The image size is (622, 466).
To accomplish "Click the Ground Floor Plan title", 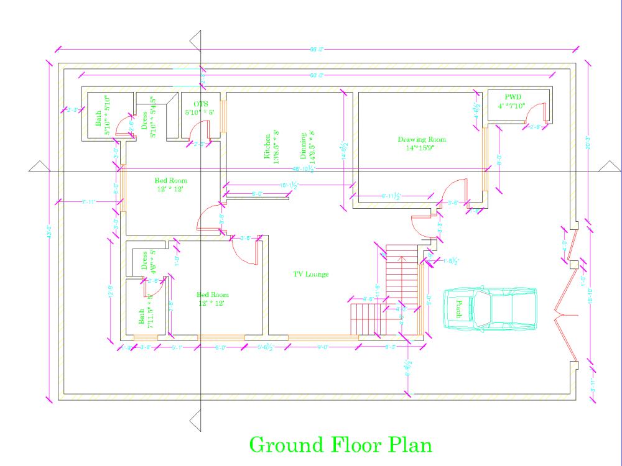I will pos(340,445).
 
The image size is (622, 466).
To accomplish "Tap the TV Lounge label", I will pos(311,274).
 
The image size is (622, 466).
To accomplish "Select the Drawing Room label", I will pos(422,140).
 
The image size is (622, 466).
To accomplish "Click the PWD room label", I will pos(513,97).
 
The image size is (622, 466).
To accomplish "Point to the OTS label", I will pos(200,104).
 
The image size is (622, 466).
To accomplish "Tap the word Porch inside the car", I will pos(458,309).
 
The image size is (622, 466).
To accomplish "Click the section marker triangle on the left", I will pos(39,166).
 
